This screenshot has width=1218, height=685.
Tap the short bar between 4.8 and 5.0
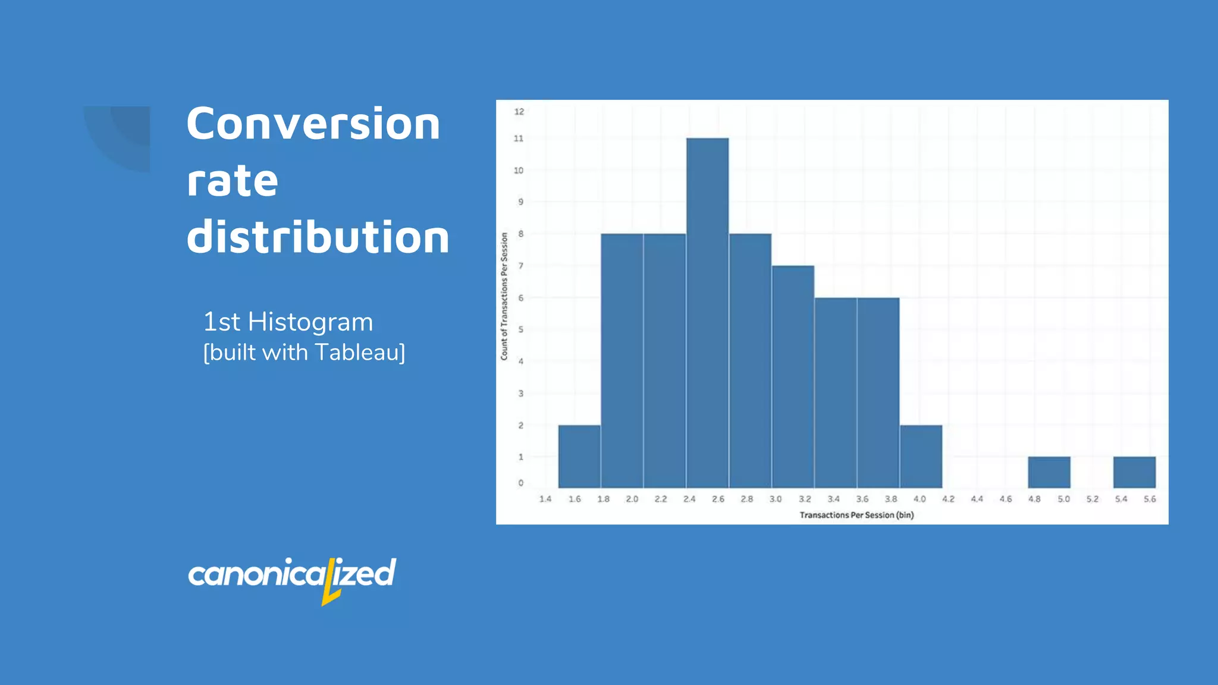[1049, 472]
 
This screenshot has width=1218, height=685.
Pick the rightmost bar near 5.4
[1134, 472]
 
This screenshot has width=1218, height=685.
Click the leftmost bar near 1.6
[579, 456]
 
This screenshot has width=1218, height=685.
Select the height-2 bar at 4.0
[921, 456]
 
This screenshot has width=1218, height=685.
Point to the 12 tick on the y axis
[519, 111]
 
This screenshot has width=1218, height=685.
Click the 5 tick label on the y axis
[520, 329]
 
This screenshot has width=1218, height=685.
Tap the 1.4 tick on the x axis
[545, 499]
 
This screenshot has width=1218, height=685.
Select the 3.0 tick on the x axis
[776, 499]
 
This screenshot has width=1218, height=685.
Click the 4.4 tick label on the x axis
[977, 499]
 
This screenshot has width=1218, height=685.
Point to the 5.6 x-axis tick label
[1150, 499]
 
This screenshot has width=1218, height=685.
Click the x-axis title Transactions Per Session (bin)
[856, 515]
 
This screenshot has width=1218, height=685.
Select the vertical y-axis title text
[504, 296]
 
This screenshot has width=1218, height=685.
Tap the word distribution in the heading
[318, 237]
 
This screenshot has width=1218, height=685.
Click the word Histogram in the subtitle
[310, 322]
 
